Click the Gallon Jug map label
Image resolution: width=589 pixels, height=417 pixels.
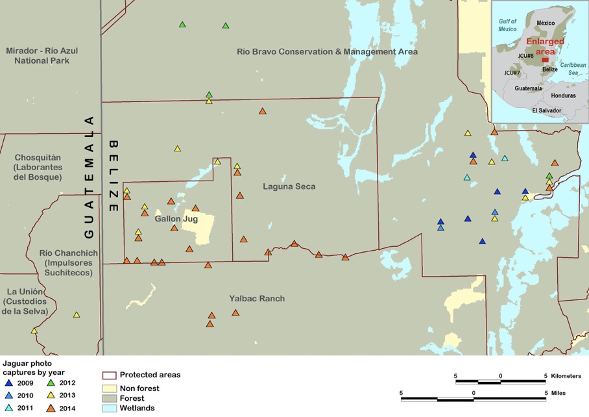pos(171,219)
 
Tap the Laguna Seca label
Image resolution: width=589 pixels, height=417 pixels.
pos(289,186)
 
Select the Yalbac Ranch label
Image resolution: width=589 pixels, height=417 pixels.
pos(257,299)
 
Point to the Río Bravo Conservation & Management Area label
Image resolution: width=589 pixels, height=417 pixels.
pos(327,51)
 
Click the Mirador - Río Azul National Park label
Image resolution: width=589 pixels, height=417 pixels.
pos(37,55)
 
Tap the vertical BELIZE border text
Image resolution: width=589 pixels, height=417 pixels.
pos(114,175)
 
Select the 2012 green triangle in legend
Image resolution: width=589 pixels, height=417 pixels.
pos(51,383)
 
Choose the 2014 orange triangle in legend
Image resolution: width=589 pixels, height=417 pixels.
pos(51,408)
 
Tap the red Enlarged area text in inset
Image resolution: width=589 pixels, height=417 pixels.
pos(545,45)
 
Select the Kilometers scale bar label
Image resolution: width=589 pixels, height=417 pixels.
pos(569,376)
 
